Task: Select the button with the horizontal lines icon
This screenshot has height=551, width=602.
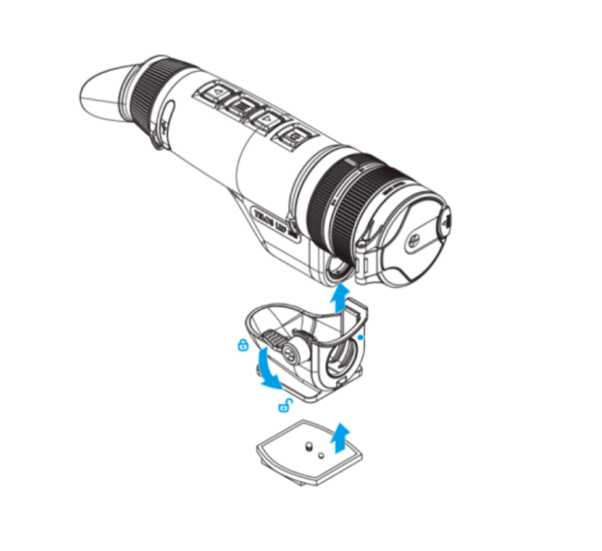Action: (242, 105)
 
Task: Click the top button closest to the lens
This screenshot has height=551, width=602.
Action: (295, 138)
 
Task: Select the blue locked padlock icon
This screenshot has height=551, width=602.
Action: (242, 346)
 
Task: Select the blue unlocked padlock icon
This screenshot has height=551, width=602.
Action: (285, 407)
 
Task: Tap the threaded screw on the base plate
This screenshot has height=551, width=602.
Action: (308, 449)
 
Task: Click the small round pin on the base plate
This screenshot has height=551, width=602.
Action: (321, 455)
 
